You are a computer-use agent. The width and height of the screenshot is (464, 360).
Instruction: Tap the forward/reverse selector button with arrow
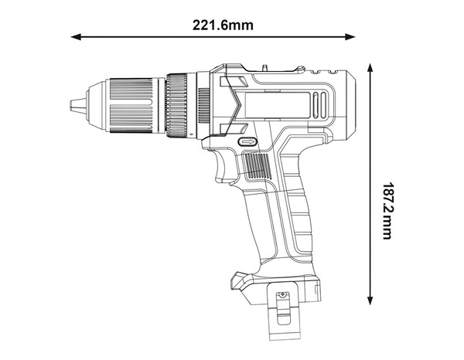(x=247, y=142)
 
